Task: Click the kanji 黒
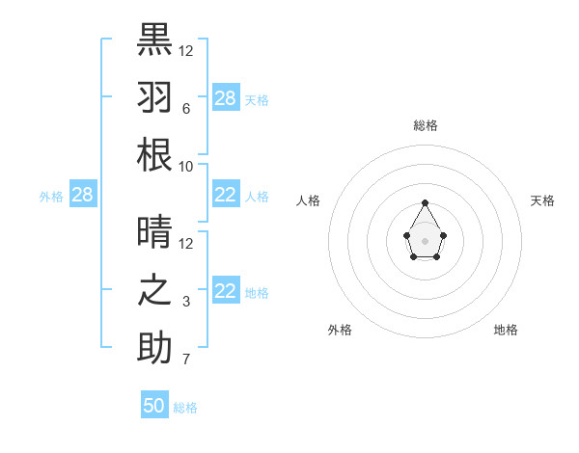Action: coord(154,40)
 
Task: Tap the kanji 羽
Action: coord(154,97)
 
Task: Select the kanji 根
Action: coord(154,155)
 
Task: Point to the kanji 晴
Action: coord(154,232)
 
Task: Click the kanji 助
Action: coord(154,348)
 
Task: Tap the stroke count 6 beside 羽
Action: coord(185,109)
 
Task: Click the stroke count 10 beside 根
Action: coord(185,167)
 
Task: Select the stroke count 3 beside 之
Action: coord(185,302)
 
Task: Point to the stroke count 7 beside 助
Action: coord(185,360)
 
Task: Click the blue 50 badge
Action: coord(154,406)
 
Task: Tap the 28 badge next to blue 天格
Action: coord(226,97)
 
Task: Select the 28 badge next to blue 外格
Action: coord(82,195)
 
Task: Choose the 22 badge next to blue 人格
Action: coord(226,195)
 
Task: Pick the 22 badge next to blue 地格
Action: coord(226,291)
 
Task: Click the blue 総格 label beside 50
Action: coord(185,408)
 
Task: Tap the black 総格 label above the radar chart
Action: coord(425,125)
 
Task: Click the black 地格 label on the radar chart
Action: coord(506,330)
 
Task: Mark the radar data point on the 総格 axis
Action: coord(425,202)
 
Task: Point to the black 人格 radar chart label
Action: coord(309,200)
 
